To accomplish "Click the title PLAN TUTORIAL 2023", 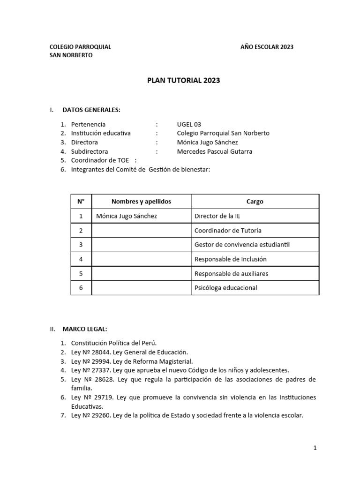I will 183,81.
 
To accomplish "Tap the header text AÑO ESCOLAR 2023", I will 267,47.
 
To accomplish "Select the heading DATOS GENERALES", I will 91,110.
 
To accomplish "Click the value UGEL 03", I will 189,125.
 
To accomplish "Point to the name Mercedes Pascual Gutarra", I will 215,151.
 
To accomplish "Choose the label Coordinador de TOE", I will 100,160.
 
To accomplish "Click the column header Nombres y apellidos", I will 141,202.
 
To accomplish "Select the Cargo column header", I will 255,202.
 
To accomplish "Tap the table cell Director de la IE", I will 217,216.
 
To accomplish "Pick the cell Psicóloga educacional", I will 225,288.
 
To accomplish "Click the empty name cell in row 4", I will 141,259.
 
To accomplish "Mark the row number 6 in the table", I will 81,288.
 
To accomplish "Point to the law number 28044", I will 100,352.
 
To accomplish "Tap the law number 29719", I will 100,397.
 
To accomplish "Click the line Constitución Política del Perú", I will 111,343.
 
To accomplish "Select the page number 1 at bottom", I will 315,448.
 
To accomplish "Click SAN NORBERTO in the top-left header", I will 71,55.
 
